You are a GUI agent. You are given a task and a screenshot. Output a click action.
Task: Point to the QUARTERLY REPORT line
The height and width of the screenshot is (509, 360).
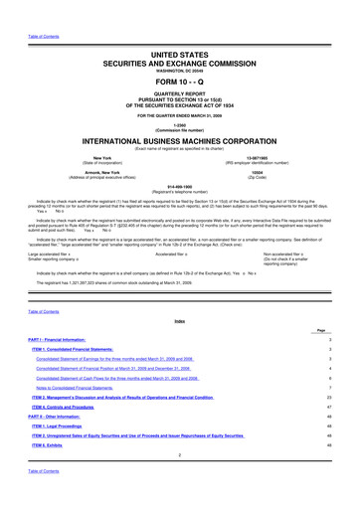click(x=179, y=97)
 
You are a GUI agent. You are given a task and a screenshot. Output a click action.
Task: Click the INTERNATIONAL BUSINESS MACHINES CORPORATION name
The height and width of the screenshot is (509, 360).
click(x=179, y=142)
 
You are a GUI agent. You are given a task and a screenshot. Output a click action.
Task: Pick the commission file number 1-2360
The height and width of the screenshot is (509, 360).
click(x=179, y=125)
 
